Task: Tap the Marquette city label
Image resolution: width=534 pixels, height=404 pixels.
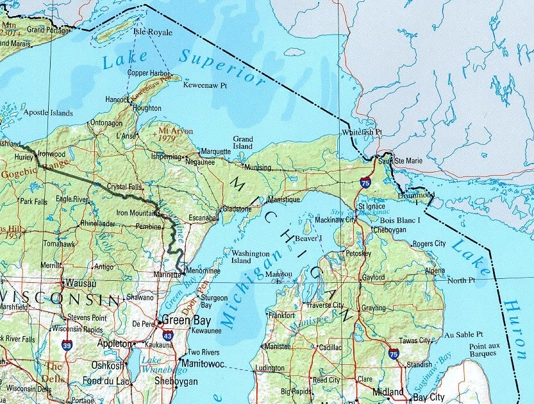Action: pos(216,152)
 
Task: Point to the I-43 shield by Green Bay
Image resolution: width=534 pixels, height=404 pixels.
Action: pos(167,335)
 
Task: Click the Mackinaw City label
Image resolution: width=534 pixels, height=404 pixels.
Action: pos(337,220)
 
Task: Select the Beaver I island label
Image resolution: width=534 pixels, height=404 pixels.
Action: pos(309,238)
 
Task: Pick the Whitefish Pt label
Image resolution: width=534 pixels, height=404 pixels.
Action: pos(362,132)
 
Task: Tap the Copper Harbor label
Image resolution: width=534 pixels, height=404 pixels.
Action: pos(149,72)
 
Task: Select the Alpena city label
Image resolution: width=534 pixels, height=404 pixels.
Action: pos(434,271)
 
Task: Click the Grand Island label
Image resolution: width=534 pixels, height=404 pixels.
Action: pos(243,142)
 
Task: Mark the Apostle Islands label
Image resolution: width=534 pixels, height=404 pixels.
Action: pos(48,113)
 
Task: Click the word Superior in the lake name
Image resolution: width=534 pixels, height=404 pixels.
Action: pos(221,68)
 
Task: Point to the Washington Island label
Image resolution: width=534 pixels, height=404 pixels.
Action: pos(251,257)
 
